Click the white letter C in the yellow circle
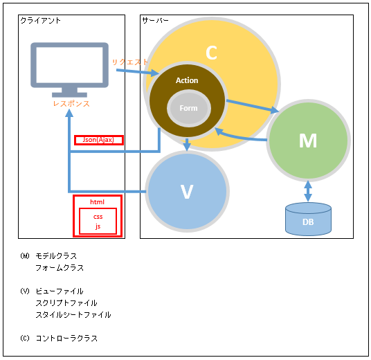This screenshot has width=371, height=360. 211,53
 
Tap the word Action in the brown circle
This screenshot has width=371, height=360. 187,80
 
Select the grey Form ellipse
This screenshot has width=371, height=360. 189,108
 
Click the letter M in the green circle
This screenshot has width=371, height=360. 308,141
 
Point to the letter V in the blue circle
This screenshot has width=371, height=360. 187,192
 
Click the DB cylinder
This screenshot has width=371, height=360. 308,219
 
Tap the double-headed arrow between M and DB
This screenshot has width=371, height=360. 308,191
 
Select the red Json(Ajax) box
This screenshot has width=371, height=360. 99,140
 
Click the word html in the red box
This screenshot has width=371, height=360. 97,202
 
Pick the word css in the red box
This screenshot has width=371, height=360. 98,217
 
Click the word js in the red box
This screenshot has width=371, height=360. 98,226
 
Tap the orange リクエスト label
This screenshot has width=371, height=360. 130,62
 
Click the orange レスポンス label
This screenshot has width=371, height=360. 71,104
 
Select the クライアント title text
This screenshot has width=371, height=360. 40,21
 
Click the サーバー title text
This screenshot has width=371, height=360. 156,20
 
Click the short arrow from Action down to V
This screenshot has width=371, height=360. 187,145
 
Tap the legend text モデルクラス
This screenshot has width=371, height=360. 56,256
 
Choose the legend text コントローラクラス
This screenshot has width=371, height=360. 66,339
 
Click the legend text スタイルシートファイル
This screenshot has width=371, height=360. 73,315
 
